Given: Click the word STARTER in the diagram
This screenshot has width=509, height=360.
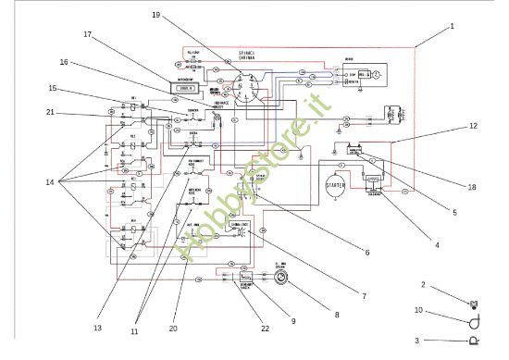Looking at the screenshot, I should tap(335, 186).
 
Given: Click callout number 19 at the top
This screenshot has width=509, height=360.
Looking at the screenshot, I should tap(155, 15).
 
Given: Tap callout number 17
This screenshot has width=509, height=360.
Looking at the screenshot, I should tap(89, 34).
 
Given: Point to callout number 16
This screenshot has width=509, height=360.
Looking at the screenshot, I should tap(65, 64).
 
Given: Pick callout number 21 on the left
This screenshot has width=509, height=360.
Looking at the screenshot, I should tap(50, 113).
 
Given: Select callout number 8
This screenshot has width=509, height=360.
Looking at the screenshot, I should tap(337, 315).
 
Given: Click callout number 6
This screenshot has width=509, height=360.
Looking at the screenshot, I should tap(366, 252).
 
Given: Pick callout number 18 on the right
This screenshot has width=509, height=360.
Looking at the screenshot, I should tap(472, 188).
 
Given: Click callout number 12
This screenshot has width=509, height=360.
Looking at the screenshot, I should tap(473, 126).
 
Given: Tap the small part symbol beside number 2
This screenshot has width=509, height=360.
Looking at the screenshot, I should tap(475, 302).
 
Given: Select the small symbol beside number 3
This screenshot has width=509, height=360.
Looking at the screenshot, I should tap(475, 341).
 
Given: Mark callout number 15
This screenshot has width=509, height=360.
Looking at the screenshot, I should tap(54, 89).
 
